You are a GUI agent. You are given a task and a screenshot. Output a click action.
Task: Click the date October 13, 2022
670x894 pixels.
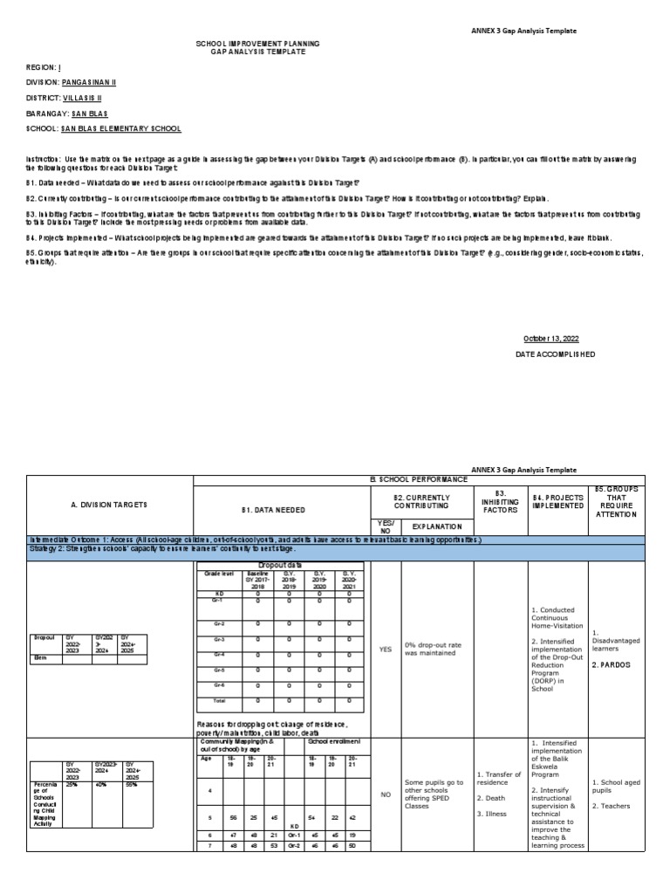point(550,338)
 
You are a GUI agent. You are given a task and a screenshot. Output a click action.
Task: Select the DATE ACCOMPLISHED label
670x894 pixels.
point(556,354)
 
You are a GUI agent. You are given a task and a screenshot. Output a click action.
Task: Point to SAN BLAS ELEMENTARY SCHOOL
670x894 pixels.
point(120,128)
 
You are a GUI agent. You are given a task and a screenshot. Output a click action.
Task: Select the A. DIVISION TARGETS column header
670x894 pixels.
point(109,505)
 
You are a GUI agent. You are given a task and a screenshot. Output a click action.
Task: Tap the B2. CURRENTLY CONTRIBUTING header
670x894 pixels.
point(422,500)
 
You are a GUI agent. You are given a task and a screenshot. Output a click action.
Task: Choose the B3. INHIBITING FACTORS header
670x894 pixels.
point(500,500)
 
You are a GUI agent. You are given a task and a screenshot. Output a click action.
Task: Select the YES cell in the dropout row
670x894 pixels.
point(386,649)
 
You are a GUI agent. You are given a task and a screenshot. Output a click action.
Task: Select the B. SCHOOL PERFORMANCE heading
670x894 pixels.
point(420,479)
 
